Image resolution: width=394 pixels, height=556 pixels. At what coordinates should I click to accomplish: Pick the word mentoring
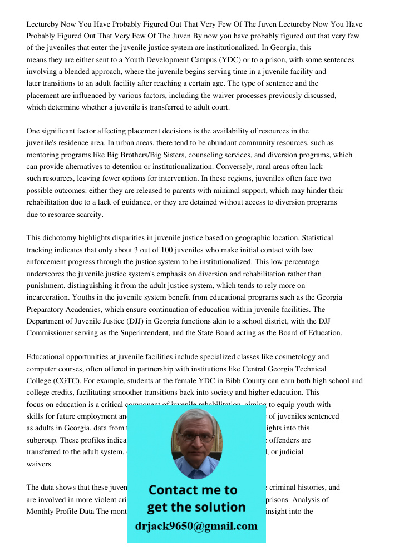pyautogui.click(x=43, y=155)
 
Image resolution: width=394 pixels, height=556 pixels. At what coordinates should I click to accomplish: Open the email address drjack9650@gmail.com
pyautogui.click(x=196, y=526)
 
